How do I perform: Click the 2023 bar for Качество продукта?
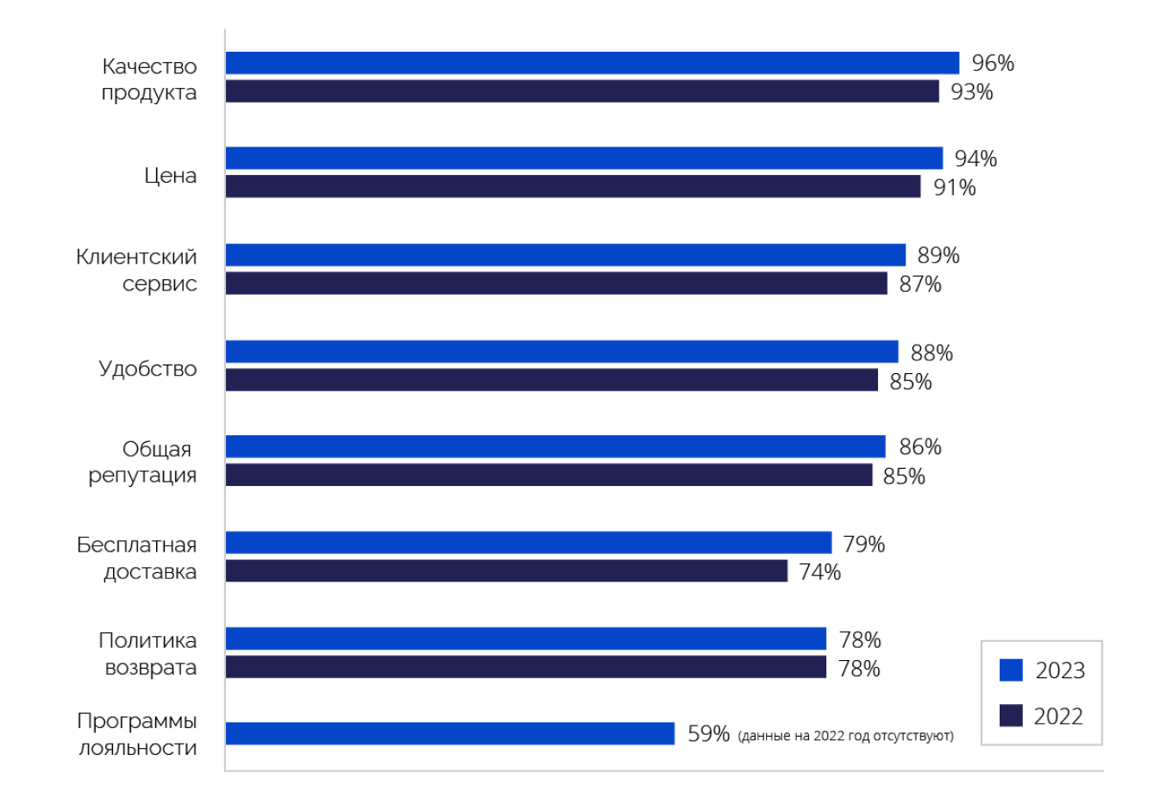pos(592,63)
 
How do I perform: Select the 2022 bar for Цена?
pos(573,186)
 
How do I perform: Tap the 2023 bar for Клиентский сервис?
pos(565,255)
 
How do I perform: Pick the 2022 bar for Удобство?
pos(551,380)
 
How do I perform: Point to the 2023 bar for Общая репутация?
pos(555,446)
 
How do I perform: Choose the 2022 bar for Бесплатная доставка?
pos(506,570)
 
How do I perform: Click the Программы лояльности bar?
pos(449,733)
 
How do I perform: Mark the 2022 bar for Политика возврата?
pos(525,667)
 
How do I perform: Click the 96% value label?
pos(993,63)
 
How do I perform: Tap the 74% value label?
pos(819,571)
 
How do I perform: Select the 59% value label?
pos(708,734)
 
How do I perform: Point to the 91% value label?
pos(954,187)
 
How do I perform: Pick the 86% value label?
pos(919,446)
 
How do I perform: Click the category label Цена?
pos(170,176)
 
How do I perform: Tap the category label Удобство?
pos(147,369)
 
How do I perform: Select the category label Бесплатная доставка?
pos(137,558)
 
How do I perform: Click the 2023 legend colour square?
pos(1011,670)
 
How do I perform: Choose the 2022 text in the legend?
pos(1058,716)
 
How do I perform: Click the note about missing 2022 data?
pos(846,736)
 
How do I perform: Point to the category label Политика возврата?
pos(147,654)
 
